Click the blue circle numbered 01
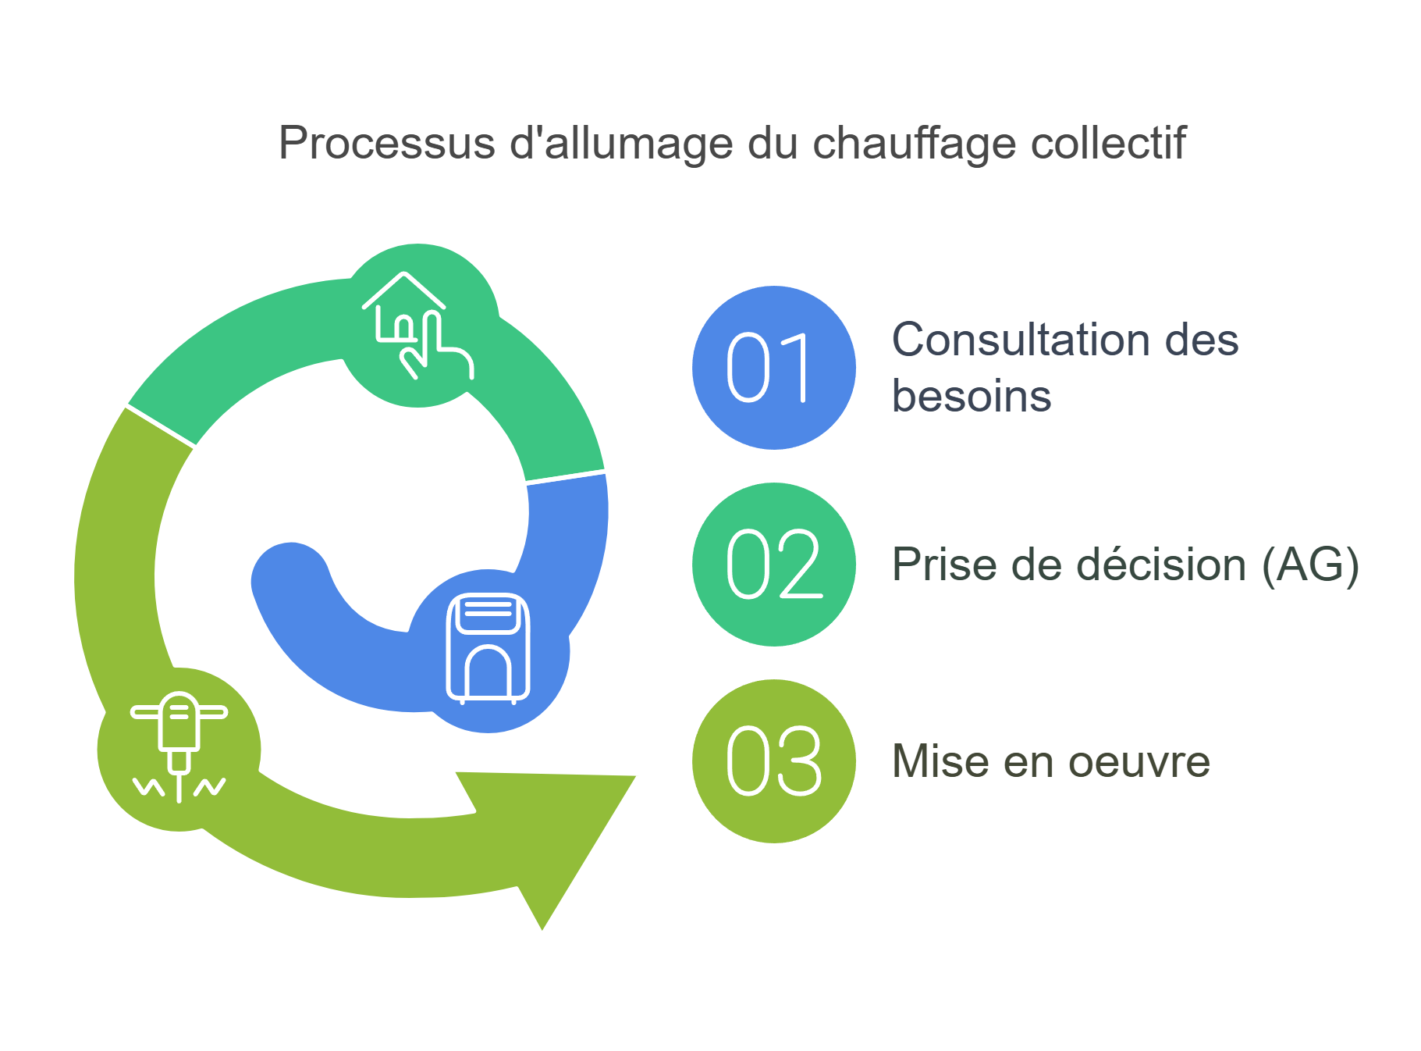coord(773,368)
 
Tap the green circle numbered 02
coord(773,565)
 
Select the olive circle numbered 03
coord(773,761)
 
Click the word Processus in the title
coord(387,144)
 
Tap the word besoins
coord(972,396)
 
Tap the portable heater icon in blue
coord(488,649)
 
